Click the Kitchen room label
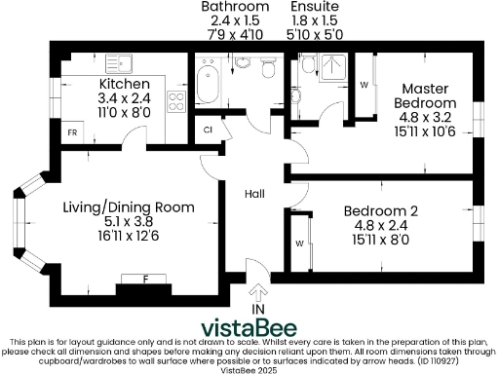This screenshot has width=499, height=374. tap(123, 85)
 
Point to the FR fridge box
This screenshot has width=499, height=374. tap(72, 131)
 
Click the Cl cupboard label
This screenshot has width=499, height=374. tap(209, 129)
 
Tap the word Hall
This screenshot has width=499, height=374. tap(255, 194)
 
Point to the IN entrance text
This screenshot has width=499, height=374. tap(258, 309)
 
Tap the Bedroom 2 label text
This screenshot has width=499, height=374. tap(380, 209)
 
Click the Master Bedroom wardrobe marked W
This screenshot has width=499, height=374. tap(365, 85)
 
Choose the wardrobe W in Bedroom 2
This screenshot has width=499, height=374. tap(299, 243)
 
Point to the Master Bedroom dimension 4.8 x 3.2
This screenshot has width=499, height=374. tap(425, 118)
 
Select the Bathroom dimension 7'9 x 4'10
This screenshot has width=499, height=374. tap(235, 34)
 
